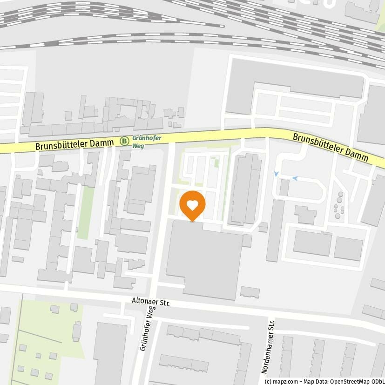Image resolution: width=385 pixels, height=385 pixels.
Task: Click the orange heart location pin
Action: [192, 205]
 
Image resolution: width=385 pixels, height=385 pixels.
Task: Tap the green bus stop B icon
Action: [124, 141]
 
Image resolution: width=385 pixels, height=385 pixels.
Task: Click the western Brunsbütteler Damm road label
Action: [74, 143]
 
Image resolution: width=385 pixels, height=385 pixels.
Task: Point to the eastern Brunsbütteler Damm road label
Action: [331, 148]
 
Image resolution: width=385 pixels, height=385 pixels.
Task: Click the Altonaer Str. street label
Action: [151, 303]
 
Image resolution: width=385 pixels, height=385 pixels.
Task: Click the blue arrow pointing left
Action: [295, 178]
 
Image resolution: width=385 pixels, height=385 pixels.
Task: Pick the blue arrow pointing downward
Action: [276, 174]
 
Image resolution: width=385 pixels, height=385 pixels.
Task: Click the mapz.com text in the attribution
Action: [280, 381]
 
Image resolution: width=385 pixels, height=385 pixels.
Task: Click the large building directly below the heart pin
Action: [203, 258]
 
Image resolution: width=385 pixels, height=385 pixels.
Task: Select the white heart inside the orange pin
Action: [192, 203]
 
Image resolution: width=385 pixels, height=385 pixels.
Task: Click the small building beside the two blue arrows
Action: [284, 187]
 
